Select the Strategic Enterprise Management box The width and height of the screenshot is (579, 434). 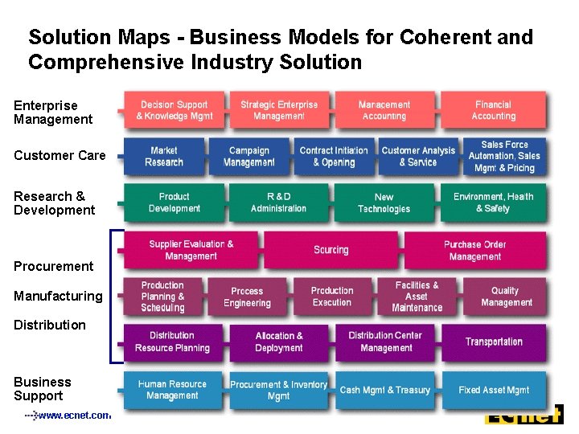click(x=279, y=111)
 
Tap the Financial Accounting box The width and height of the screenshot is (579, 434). click(x=493, y=111)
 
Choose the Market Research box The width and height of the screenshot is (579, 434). click(x=164, y=157)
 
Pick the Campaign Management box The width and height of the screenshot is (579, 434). click(x=248, y=157)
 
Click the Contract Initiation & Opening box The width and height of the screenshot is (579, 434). click(x=333, y=157)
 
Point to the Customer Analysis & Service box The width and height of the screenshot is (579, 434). click(x=417, y=157)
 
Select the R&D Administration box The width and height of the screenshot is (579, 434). click(x=278, y=203)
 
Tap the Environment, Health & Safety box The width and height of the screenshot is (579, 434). click(x=493, y=203)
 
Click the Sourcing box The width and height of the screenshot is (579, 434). click(x=331, y=250)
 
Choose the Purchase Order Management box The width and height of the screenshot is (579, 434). click(x=474, y=250)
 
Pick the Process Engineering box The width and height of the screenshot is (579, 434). click(x=247, y=297)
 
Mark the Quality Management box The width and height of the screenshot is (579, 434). click(x=506, y=297)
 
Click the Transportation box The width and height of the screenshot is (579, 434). click(x=493, y=342)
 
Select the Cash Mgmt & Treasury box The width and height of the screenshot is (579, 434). click(x=385, y=390)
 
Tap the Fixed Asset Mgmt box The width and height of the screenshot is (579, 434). click(x=493, y=390)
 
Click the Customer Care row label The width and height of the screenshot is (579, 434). click(x=60, y=155)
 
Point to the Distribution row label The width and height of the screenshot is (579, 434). click(x=50, y=325)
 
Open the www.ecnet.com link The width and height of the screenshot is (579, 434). click(x=73, y=416)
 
